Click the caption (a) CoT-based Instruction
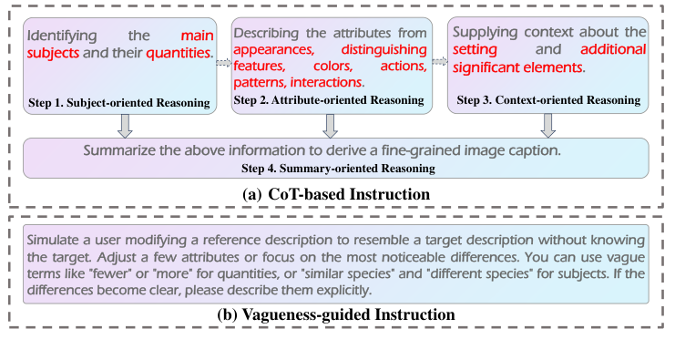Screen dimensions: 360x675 pyautogui.click(x=337, y=194)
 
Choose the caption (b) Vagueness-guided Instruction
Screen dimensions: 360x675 pyautogui.click(x=337, y=314)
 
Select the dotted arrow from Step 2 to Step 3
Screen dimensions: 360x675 pyautogui.click(x=439, y=62)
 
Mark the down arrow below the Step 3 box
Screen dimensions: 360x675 pyautogui.click(x=548, y=126)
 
